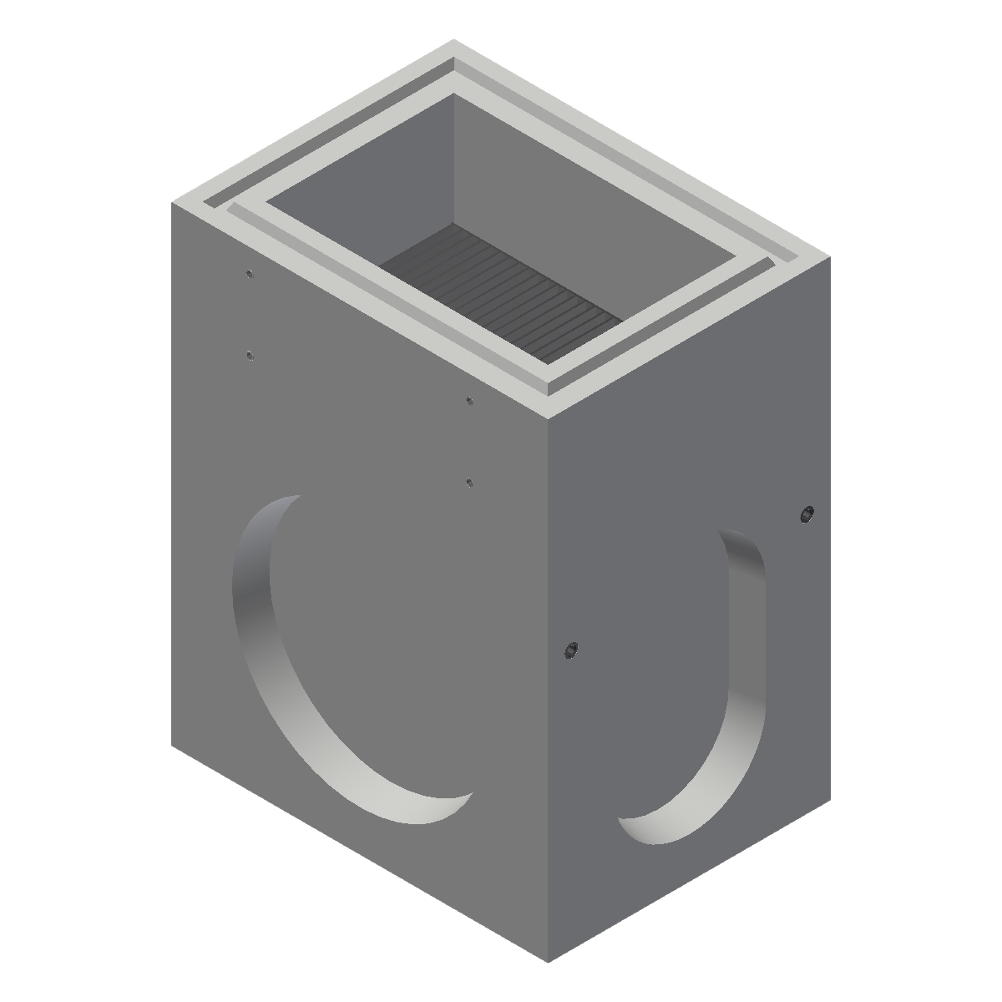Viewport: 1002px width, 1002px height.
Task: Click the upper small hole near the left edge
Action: (249, 273)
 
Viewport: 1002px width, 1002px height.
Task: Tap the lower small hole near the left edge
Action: (250, 356)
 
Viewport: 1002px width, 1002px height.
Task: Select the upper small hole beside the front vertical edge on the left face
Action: (470, 401)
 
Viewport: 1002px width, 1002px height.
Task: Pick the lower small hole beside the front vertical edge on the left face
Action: (469, 482)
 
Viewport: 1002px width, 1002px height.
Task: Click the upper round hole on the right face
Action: (806, 513)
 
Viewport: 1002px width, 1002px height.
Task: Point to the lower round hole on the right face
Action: (572, 649)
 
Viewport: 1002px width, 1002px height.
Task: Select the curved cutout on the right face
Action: (735, 710)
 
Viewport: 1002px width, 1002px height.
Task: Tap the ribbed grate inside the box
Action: (501, 292)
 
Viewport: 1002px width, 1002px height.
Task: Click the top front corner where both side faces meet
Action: (548, 418)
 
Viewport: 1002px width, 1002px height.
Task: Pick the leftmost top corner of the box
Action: (173, 200)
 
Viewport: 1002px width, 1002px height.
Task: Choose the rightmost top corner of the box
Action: (832, 256)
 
